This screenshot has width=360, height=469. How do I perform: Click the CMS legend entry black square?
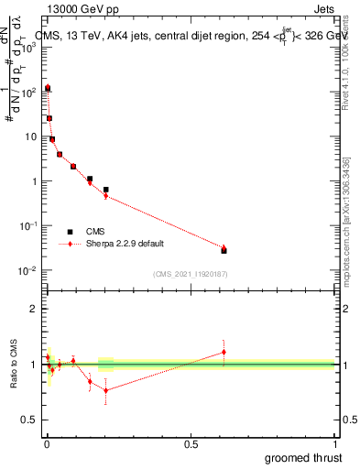coord(70,232)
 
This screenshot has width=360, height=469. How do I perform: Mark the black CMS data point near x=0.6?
coord(224,250)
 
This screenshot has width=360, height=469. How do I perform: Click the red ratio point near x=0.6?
coord(224,352)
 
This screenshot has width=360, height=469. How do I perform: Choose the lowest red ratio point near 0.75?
coord(106,390)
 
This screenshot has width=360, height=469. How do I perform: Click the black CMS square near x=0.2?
coord(106,190)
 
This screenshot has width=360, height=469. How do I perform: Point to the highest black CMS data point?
coord(47,89)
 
